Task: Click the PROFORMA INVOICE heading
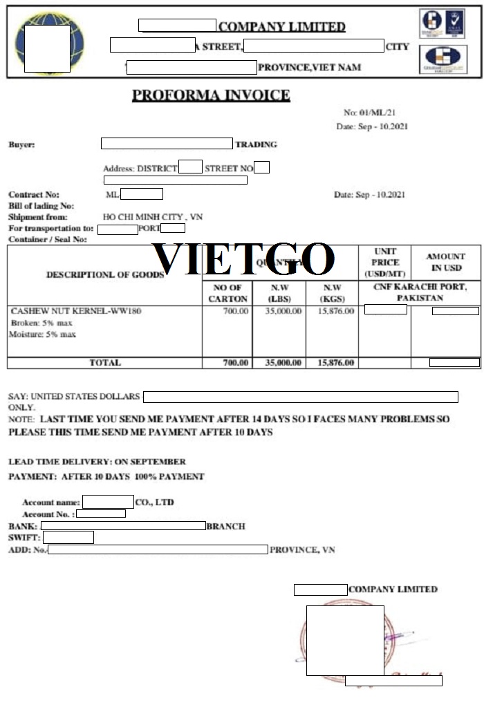click(x=211, y=95)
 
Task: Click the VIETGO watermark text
click(x=243, y=259)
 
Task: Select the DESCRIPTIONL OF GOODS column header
click(x=105, y=274)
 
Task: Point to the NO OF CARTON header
click(x=227, y=293)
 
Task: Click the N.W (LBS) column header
click(x=278, y=293)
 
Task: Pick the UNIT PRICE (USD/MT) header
click(x=385, y=263)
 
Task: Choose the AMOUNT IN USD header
click(x=445, y=262)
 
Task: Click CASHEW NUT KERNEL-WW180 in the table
click(x=76, y=311)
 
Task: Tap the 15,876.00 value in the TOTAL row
click(x=335, y=363)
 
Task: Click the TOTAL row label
click(x=105, y=363)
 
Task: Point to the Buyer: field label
click(x=21, y=144)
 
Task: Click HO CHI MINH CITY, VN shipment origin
click(x=153, y=217)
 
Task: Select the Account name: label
click(x=50, y=502)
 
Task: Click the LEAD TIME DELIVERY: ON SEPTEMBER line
click(x=97, y=461)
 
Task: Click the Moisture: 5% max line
click(x=43, y=335)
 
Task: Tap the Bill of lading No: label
click(x=41, y=206)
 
